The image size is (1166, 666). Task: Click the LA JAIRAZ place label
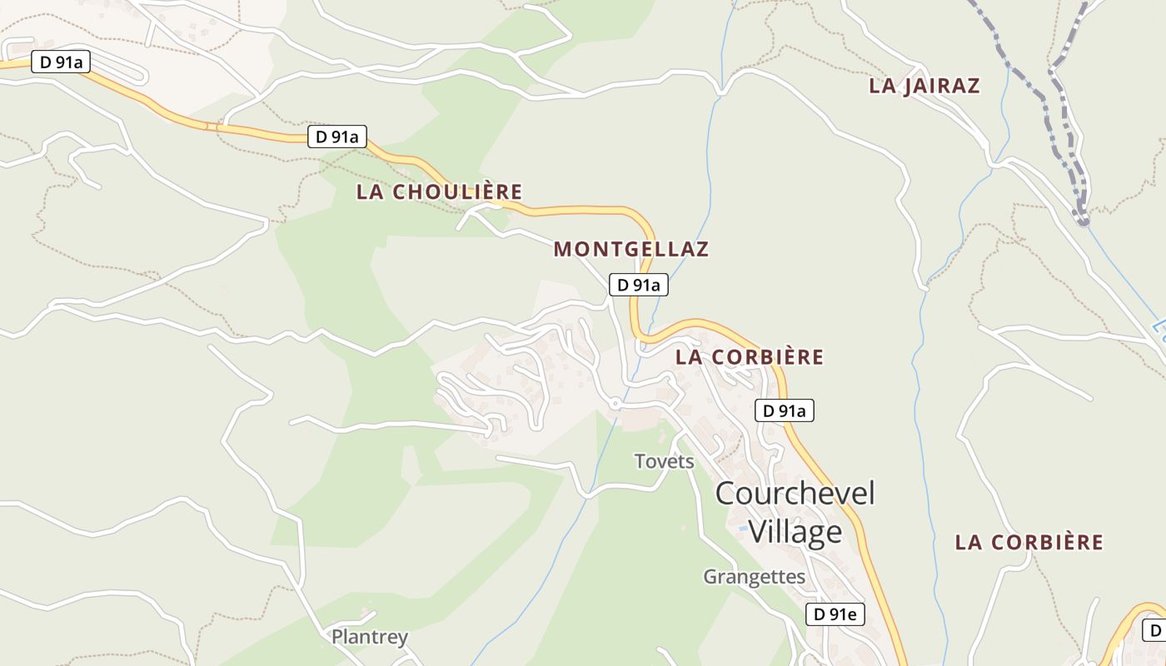[924, 86]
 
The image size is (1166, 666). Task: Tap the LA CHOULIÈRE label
[439, 191]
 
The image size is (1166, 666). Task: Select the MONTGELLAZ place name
[631, 249]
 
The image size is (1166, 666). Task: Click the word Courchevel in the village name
[795, 493]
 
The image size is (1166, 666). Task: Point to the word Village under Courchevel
[795, 531]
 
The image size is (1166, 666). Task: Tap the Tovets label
[664, 461]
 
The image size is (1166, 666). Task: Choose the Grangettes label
[754, 576]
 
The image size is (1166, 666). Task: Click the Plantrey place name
[370, 638]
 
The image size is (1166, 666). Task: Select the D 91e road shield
[835, 614]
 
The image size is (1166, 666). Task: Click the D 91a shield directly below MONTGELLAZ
[639, 285]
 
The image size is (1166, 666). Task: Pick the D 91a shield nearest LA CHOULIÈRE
[337, 137]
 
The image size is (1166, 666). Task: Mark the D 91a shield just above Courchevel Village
[784, 410]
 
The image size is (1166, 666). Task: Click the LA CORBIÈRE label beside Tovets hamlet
[750, 357]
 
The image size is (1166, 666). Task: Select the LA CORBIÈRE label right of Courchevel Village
[1029, 543]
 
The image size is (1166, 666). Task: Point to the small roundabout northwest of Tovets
[615, 403]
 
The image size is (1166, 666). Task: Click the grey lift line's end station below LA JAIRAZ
[1082, 221]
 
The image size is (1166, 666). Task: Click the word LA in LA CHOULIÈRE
[371, 191]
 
